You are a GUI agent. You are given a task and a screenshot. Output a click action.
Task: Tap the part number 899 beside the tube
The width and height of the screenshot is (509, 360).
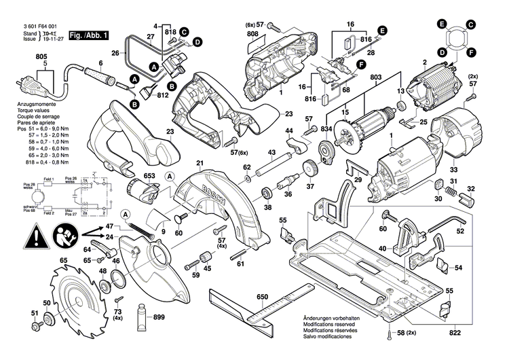tap(159, 317)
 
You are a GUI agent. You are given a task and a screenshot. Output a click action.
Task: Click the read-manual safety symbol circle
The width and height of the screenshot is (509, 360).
tap(65, 237)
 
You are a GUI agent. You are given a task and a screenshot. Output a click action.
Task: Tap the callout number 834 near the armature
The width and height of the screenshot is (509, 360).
tap(327, 129)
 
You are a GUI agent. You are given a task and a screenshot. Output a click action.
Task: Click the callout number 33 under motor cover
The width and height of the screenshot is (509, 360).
tap(454, 170)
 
